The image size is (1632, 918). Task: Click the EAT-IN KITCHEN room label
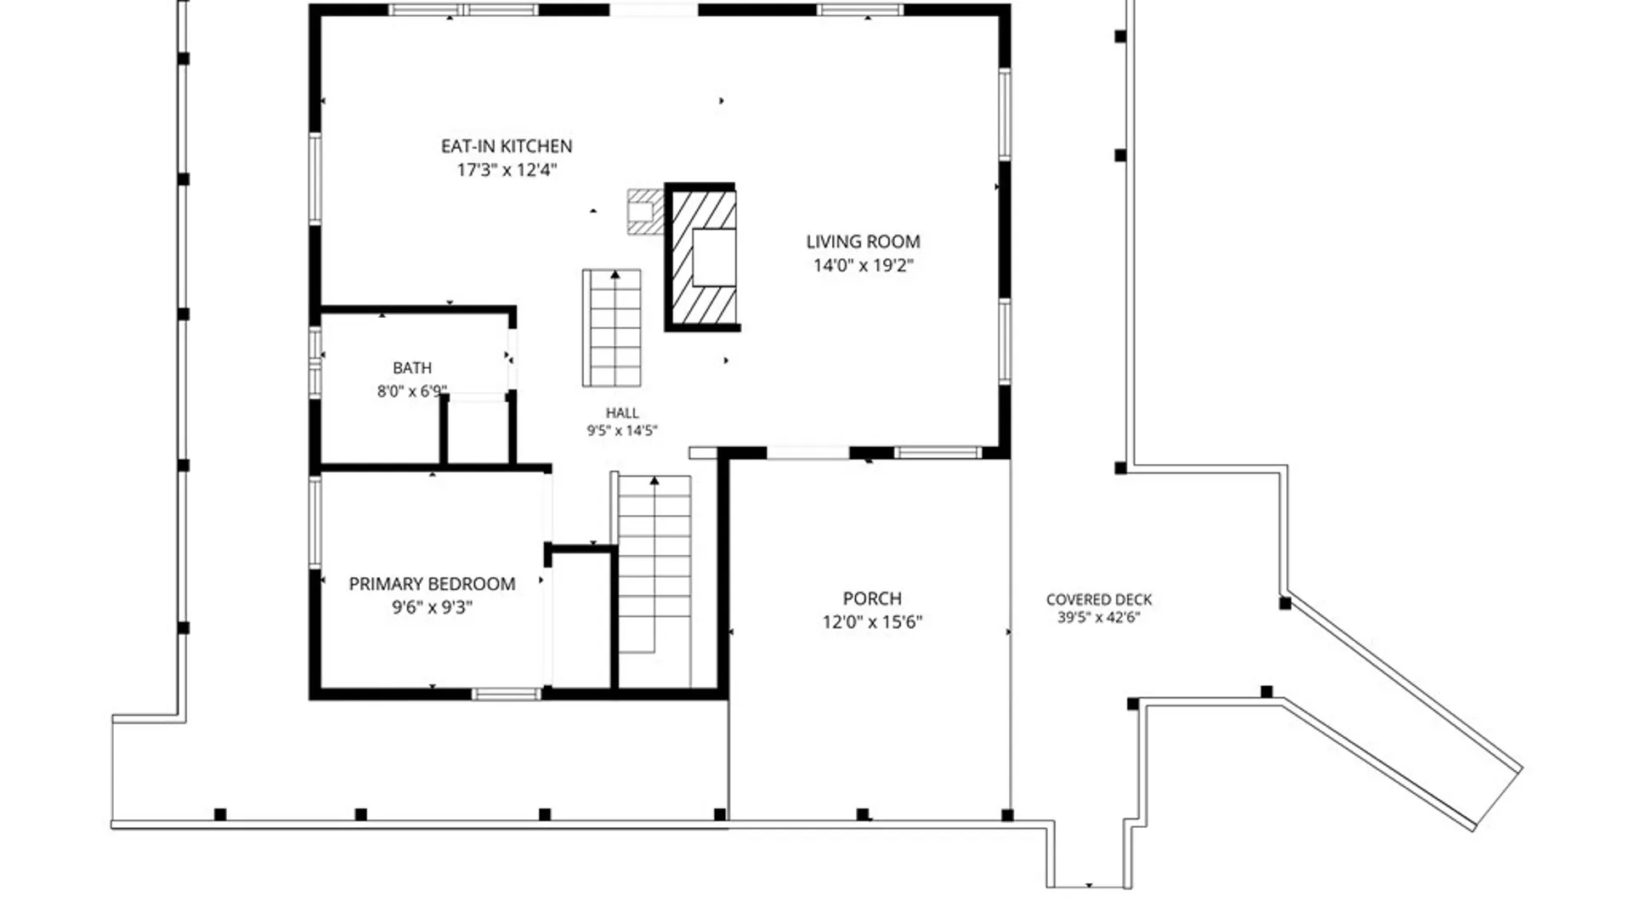pos(507,146)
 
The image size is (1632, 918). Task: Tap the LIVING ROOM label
pos(863,241)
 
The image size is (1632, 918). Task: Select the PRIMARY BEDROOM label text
pos(432,584)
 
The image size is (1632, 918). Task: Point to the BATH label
pos(412,368)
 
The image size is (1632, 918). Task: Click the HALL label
pos(622,413)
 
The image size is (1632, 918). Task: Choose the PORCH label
pos(872,598)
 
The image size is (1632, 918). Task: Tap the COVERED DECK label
pos(1099,600)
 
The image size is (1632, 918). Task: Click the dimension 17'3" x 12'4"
pos(507,170)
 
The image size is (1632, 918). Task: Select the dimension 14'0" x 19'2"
pos(863,265)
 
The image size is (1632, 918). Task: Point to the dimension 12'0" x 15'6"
pos(872,622)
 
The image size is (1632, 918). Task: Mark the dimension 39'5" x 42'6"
pos(1098,618)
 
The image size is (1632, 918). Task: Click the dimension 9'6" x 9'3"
pos(432,608)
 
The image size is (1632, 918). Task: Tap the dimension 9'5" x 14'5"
pos(622,431)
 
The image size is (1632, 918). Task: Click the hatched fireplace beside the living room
pos(702,257)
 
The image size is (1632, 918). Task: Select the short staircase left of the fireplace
pos(611,328)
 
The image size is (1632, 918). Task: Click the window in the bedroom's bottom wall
pos(506,694)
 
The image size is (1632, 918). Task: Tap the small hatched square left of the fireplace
pos(644,212)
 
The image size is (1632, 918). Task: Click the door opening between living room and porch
pos(808,453)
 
